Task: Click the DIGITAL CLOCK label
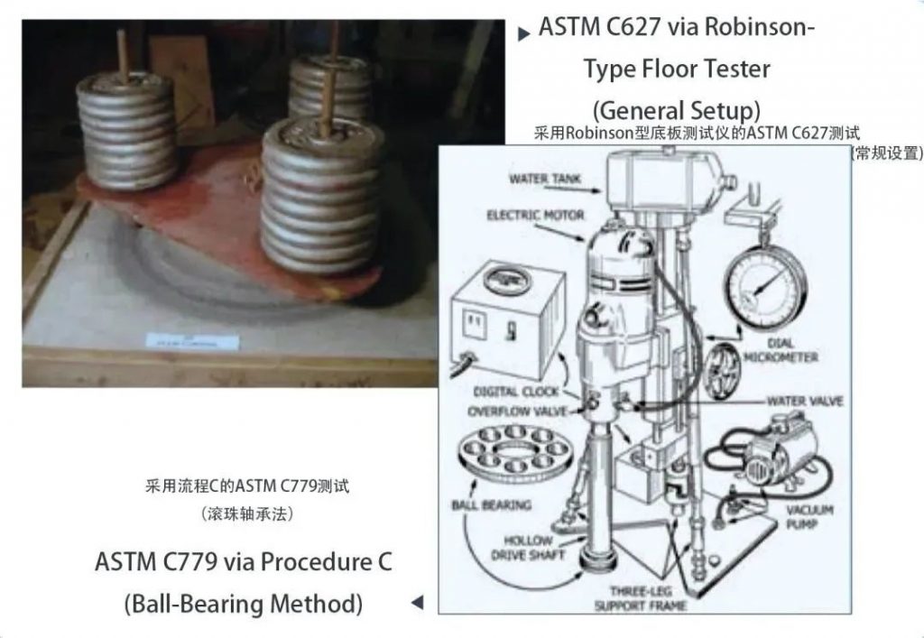pyautogui.click(x=516, y=392)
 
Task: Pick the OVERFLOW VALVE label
pyautogui.click(x=517, y=411)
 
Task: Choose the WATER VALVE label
pyautogui.click(x=805, y=400)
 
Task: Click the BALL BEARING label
pyautogui.click(x=491, y=504)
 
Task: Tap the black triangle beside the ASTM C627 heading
pyautogui.click(x=523, y=35)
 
